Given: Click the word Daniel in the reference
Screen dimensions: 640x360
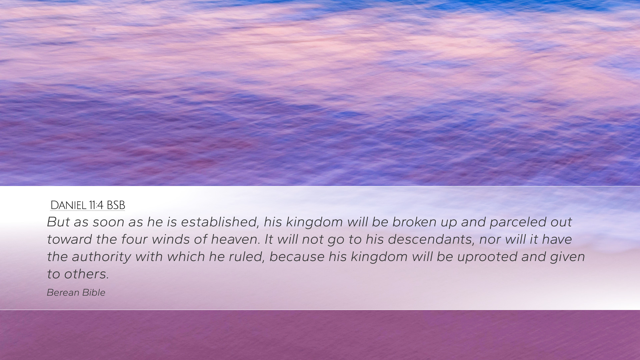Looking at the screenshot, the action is pos(68,205).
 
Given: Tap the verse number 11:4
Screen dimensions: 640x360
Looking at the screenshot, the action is pos(96,205).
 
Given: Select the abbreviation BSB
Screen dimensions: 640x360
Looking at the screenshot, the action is pos(116,205).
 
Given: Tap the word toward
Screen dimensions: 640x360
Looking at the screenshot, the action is pos(69,239).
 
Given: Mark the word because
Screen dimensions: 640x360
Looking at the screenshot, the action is pos(297,257).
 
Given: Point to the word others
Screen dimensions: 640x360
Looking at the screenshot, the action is pos(87,274).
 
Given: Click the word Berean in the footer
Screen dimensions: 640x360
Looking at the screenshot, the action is pos(62,293).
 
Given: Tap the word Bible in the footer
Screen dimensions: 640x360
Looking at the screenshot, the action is pos(94,293).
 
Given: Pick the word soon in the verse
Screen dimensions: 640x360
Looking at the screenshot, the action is pos(108,222).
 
